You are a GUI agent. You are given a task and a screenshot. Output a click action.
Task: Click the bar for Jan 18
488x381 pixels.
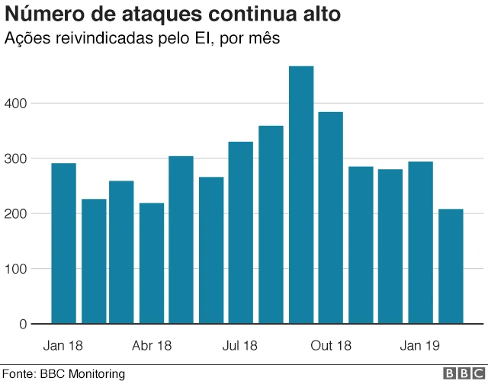point(63,244)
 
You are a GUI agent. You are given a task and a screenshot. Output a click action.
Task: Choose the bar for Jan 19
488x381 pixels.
point(419,243)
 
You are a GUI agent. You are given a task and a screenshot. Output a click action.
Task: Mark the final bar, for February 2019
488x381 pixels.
point(451,267)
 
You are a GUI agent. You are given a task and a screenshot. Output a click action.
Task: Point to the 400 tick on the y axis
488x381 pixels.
point(18,103)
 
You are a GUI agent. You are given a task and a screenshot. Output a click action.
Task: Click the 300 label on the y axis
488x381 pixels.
point(18,158)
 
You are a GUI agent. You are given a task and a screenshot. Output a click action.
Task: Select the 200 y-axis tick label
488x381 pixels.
point(18,213)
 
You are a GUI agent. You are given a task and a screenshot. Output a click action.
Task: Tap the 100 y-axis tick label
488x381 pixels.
point(18,269)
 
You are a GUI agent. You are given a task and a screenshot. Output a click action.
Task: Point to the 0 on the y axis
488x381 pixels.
point(24,325)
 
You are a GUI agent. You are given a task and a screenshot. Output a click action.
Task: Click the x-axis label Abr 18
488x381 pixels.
point(152,346)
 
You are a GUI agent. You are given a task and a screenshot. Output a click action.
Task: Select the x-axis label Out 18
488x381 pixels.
point(331,346)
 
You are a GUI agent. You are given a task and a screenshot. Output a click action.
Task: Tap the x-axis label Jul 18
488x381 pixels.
point(240,346)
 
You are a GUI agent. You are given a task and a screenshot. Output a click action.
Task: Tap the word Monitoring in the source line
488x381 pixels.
point(97,373)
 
